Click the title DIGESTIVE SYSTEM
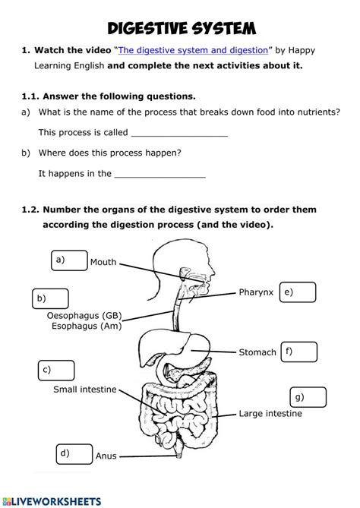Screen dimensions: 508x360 180,27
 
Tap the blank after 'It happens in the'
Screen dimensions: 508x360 159,173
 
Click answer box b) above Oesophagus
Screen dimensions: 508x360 49,298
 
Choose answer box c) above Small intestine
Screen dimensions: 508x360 56,371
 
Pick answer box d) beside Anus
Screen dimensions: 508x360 74,454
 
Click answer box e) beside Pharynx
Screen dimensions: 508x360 297,292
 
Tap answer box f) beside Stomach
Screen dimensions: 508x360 298,352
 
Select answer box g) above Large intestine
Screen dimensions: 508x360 308,397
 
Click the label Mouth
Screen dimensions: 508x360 103,263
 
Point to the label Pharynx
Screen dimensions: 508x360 256,292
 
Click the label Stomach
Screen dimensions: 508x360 257,352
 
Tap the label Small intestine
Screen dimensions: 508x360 84,390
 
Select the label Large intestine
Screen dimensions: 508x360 270,414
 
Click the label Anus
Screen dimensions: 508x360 106,456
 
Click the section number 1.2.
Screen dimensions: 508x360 31,210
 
